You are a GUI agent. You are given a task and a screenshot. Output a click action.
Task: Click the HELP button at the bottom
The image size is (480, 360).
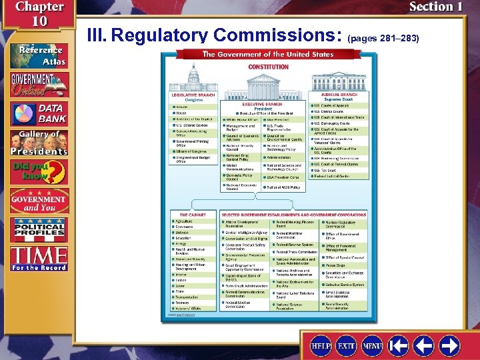322,346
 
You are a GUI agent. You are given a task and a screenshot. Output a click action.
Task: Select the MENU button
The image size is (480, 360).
372,346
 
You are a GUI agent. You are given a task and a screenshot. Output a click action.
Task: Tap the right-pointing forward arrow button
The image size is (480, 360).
450,346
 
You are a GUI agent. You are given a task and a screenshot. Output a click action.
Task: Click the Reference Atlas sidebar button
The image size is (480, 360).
38,56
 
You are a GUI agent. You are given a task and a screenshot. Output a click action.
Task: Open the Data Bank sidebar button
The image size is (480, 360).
38,113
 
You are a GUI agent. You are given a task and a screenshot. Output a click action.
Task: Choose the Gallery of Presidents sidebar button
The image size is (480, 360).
38,143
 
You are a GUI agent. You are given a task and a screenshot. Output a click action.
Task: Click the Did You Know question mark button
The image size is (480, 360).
38,172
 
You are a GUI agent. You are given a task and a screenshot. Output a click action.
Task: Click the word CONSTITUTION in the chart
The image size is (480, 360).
268,67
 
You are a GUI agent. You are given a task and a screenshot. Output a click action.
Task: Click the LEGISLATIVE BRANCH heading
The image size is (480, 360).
193,95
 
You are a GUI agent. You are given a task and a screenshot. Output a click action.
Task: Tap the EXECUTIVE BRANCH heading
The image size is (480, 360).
262,104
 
